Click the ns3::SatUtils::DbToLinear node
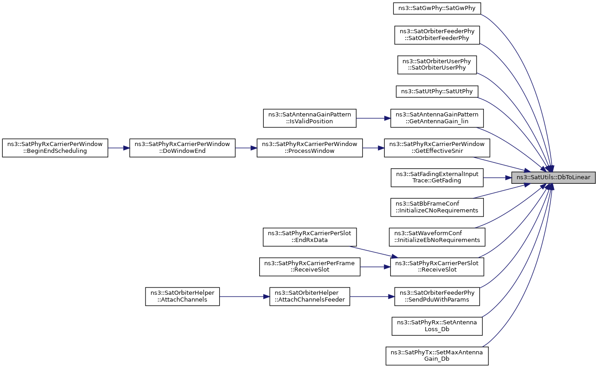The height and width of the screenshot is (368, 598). click(553, 177)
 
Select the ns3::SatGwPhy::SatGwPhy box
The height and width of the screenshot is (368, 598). click(437, 9)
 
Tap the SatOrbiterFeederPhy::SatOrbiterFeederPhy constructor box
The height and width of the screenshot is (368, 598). click(437, 35)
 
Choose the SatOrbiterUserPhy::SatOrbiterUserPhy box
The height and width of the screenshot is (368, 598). click(437, 65)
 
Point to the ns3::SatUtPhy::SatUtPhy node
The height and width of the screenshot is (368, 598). click(437, 91)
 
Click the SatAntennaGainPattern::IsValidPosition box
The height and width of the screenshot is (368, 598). click(310, 118)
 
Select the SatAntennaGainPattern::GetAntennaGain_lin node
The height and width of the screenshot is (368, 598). click(437, 118)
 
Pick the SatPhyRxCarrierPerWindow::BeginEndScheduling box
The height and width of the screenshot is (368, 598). click(55, 148)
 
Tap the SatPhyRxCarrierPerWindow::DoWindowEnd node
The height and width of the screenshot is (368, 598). click(182, 148)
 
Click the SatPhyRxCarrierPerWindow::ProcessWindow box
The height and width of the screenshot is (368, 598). click(310, 148)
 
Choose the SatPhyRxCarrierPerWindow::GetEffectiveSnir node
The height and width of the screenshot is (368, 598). click(437, 148)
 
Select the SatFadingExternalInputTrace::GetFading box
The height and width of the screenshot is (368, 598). click(437, 177)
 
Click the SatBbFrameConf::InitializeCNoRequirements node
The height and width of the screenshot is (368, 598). click(437, 207)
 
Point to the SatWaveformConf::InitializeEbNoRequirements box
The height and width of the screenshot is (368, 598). click(437, 237)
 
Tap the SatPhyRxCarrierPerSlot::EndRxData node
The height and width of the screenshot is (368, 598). click(310, 237)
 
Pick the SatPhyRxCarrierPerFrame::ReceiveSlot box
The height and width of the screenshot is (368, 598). click(310, 267)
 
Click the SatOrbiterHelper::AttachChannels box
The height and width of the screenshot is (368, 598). click(182, 297)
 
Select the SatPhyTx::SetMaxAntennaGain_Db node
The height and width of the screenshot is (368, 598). click(437, 356)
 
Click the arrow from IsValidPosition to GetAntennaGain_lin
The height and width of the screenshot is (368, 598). click(373, 118)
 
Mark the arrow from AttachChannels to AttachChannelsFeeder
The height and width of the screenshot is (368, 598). click(245, 297)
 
